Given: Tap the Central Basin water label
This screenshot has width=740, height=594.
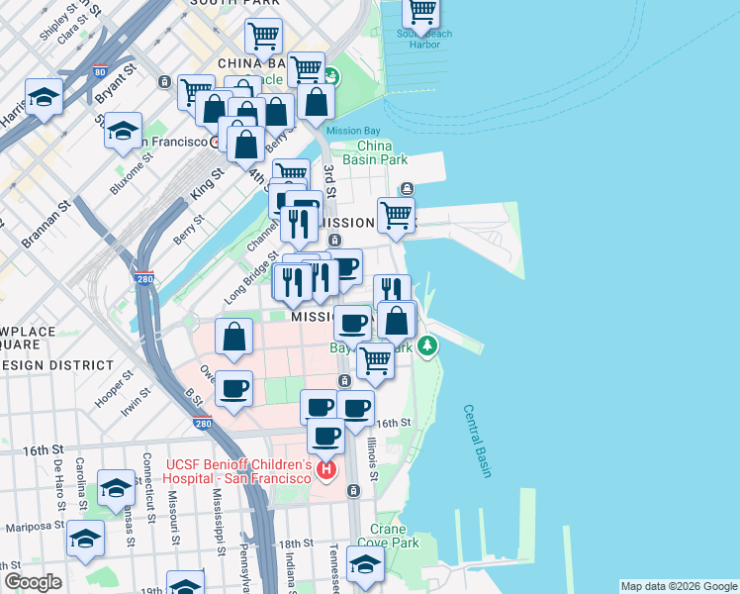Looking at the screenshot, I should (477, 441).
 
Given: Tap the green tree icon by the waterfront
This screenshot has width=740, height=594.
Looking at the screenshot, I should (427, 346).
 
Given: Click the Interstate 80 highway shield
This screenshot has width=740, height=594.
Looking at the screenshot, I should (100, 72).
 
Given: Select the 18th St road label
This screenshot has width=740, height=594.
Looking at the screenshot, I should (295, 544).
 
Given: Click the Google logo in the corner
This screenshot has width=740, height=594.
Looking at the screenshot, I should (34, 582).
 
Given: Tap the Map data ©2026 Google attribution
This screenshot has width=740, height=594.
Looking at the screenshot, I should (678, 586).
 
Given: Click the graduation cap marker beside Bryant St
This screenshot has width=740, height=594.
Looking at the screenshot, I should (123, 132).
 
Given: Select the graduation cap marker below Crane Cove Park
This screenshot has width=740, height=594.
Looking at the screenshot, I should (365, 565).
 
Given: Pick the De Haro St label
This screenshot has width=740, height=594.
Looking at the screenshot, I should (59, 478).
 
